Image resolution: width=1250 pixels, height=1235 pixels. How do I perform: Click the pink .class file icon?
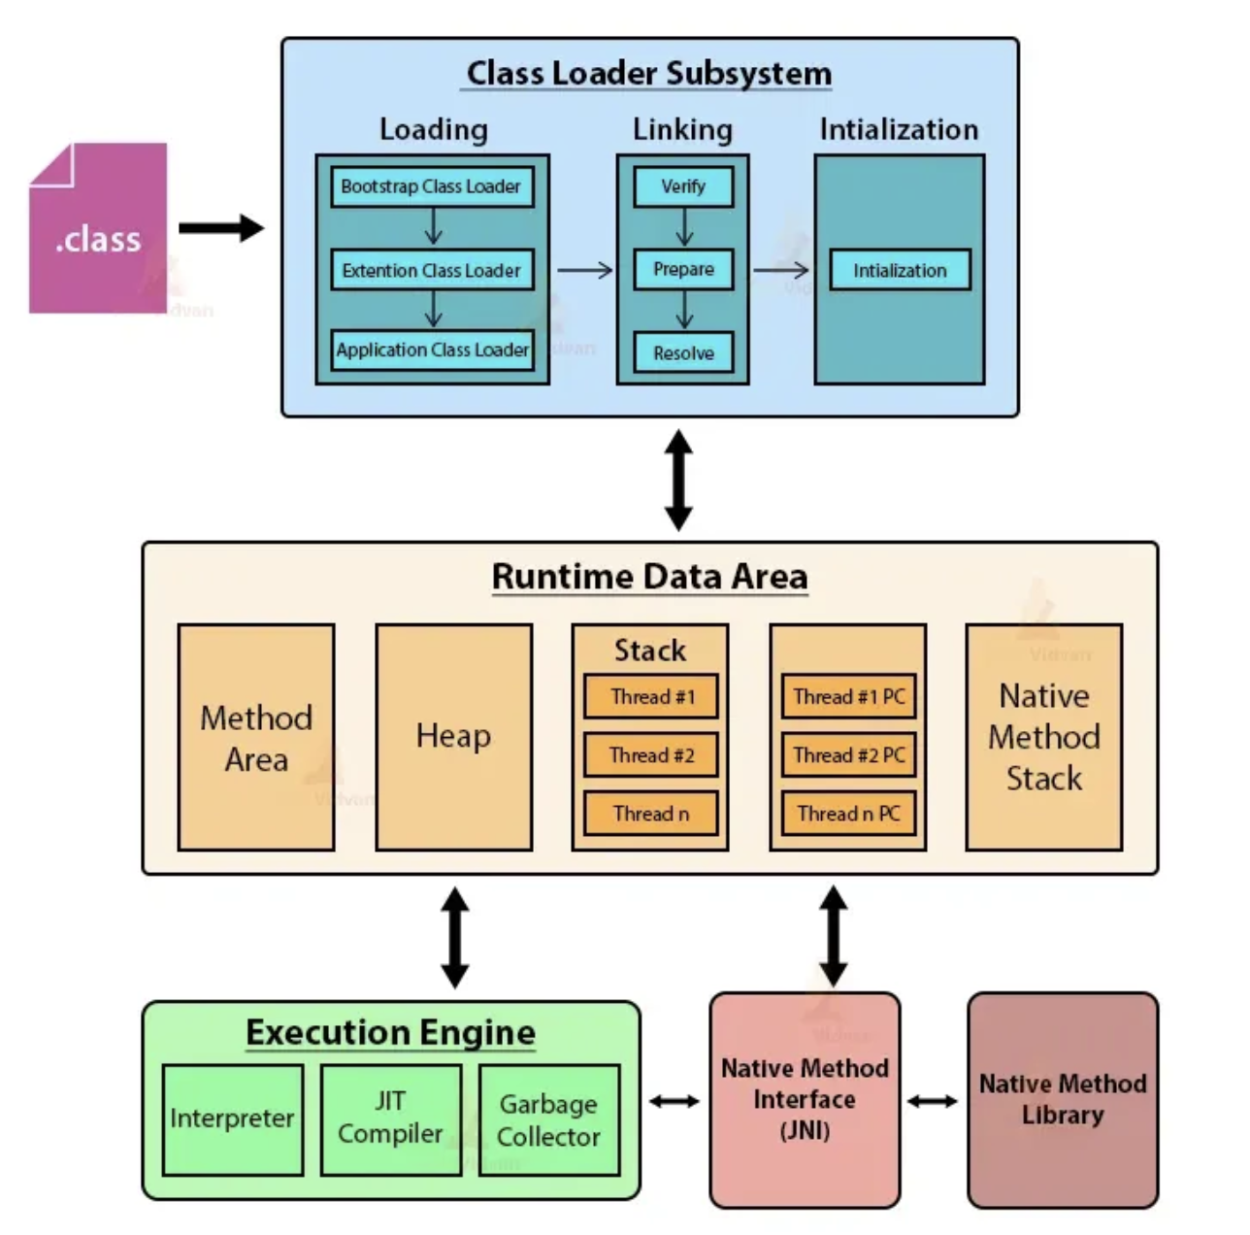98,228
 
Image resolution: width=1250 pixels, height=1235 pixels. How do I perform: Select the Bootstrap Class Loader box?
432,187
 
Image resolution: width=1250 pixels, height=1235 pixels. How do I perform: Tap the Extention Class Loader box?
432,270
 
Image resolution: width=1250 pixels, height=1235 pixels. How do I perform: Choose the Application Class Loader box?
432,350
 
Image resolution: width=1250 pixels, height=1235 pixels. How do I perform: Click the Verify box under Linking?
683,187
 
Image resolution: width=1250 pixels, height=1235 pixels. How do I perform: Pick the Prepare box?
683,269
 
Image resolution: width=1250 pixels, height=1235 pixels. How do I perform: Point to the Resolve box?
683,353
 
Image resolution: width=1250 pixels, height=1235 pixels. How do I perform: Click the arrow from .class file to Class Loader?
221,228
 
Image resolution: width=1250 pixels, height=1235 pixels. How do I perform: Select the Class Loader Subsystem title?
648,74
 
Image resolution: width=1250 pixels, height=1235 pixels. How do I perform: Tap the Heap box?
454,737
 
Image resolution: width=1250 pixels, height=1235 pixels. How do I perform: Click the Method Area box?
256,737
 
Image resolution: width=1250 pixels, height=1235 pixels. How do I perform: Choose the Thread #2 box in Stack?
650,754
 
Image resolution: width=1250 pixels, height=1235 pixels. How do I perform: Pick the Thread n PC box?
848,814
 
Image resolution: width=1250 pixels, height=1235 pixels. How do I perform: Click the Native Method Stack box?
1043,737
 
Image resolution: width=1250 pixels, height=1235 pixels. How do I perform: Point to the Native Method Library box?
1063,1099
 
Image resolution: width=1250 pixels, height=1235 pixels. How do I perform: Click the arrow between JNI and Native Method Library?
932,1101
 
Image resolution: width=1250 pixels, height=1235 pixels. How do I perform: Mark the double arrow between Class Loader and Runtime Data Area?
678,481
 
